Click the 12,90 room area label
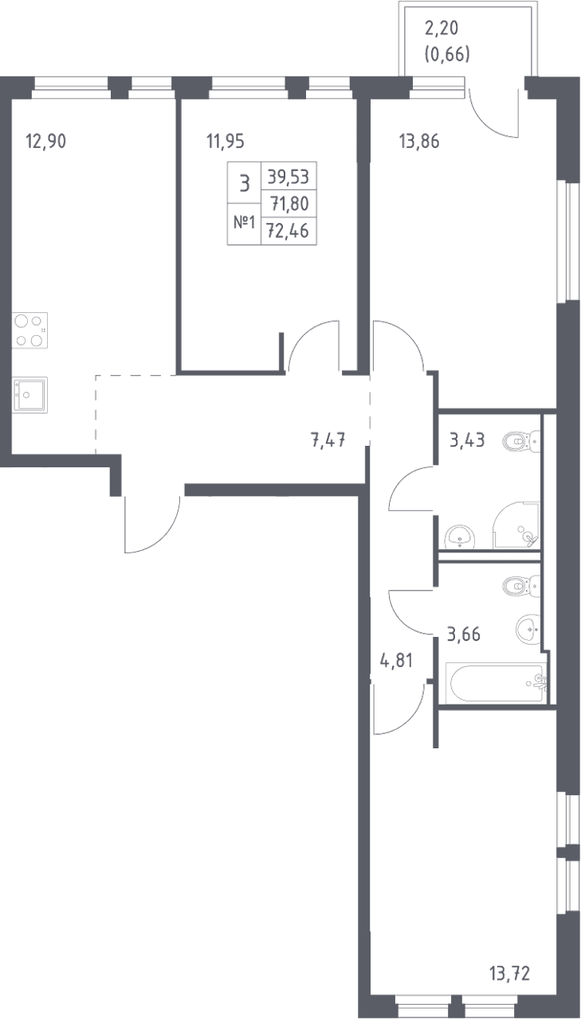(x=46, y=142)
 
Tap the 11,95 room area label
(x=226, y=142)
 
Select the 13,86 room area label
(x=419, y=142)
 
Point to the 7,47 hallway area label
(x=328, y=440)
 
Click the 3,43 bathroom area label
(x=467, y=440)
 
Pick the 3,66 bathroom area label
(x=464, y=634)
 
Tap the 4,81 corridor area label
(x=396, y=661)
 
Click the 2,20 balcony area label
(x=442, y=28)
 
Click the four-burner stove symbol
(x=30, y=330)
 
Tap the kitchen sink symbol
(x=30, y=395)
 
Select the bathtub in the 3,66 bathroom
(x=497, y=683)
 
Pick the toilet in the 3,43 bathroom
(x=522, y=441)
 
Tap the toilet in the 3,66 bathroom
(x=522, y=587)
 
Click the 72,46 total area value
(x=289, y=231)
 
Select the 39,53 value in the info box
(x=289, y=177)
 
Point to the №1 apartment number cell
(x=245, y=223)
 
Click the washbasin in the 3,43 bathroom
(x=459, y=537)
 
